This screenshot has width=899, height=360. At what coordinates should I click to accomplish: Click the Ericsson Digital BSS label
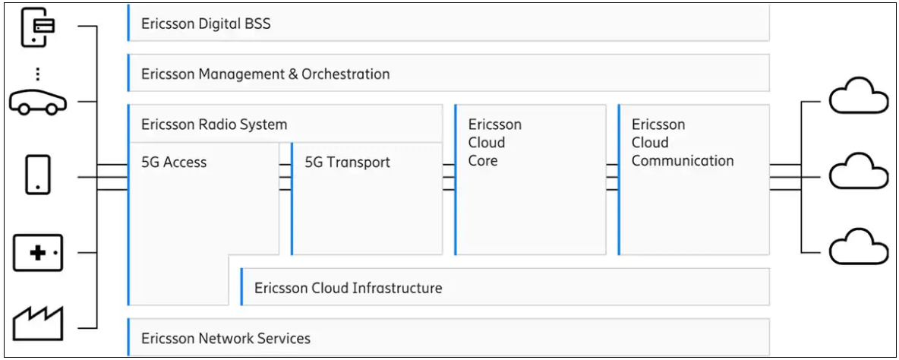click(x=206, y=24)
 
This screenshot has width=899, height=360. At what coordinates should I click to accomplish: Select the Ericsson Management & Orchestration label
click(x=265, y=74)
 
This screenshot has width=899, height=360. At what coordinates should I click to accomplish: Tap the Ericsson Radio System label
click(x=214, y=125)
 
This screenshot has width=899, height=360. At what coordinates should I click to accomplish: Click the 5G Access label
click(x=174, y=162)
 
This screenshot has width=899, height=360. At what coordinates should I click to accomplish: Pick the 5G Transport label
click(x=347, y=162)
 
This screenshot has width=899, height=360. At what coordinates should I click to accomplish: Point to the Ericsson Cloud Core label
click(x=495, y=143)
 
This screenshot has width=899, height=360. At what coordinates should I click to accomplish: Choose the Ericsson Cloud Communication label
click(x=682, y=143)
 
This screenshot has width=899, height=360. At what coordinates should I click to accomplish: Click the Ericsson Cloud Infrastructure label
click(x=348, y=288)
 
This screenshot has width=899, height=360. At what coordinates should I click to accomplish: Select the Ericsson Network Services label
click(x=226, y=338)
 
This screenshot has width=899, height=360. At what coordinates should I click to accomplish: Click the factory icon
click(x=38, y=323)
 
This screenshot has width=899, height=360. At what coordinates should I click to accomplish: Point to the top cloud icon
click(x=858, y=99)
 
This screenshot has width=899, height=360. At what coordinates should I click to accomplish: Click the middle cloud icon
click(x=858, y=174)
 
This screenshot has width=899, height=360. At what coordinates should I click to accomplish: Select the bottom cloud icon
click(x=858, y=248)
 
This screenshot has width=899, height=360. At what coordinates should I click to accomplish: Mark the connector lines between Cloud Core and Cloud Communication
click(x=612, y=176)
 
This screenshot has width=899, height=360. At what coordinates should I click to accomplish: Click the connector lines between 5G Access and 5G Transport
click(x=285, y=176)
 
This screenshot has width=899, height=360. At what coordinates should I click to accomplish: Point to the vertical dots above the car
click(x=38, y=74)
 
